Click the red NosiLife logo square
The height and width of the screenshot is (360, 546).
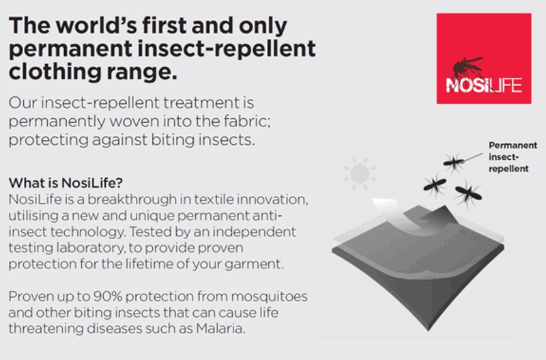point(484,59)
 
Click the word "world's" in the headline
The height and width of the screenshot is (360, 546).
point(93,26)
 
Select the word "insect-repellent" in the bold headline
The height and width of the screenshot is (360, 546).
point(227,48)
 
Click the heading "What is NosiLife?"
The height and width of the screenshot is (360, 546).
point(66,182)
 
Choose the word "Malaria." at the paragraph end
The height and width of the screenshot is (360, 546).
point(220,329)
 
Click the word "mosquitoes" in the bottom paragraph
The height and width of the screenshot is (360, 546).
point(269,296)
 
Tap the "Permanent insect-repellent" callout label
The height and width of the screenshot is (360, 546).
point(513,157)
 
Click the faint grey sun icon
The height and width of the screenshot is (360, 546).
point(360,174)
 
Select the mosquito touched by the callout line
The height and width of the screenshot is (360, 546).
point(453,162)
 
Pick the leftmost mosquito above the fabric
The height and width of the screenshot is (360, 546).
point(435,184)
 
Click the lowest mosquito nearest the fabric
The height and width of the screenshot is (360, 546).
point(469,193)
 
